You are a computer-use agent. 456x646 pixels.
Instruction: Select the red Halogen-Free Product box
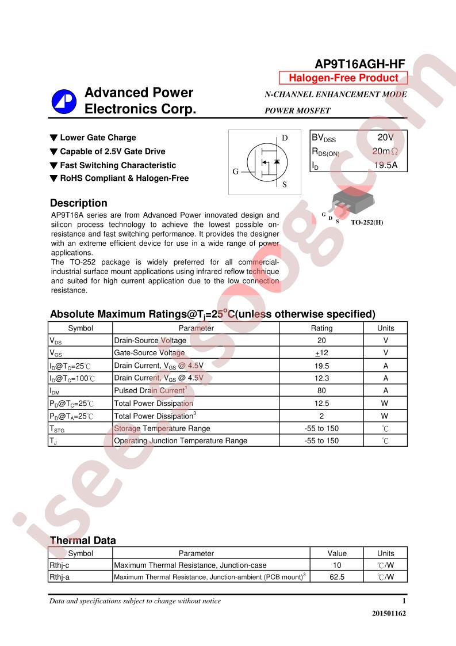coord(343,78)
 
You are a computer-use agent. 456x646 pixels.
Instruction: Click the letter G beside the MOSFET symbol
coord(235,172)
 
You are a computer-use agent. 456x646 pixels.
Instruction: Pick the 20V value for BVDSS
coord(385,138)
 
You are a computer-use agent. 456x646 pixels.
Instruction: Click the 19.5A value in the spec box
coord(386,166)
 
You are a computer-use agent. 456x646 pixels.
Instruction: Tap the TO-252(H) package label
coord(366,222)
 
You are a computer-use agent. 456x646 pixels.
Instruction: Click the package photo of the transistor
coord(348,200)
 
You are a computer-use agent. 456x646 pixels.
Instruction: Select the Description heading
coord(79,203)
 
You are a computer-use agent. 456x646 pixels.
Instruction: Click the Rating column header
coord(321,328)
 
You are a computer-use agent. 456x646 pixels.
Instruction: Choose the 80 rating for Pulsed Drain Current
coord(321,390)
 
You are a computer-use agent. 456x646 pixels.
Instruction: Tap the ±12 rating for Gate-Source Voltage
coord(321,353)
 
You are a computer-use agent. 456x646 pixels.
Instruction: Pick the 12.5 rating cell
coord(321,403)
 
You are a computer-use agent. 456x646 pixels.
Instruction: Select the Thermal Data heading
coord(83,541)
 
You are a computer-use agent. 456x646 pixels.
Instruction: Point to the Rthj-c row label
coord(59,565)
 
